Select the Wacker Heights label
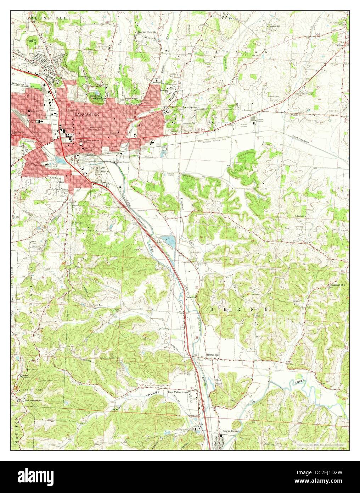[147, 32]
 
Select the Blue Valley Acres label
[178, 393]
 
